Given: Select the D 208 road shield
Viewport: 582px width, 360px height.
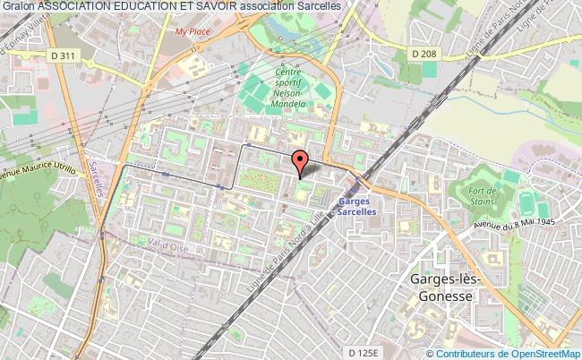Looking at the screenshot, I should (x=425, y=55).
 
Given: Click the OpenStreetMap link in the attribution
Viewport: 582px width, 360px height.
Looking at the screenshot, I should (x=541, y=353).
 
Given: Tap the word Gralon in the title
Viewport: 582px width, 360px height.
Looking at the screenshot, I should (x=18, y=7).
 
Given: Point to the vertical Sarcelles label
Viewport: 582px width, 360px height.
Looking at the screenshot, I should (x=96, y=170).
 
